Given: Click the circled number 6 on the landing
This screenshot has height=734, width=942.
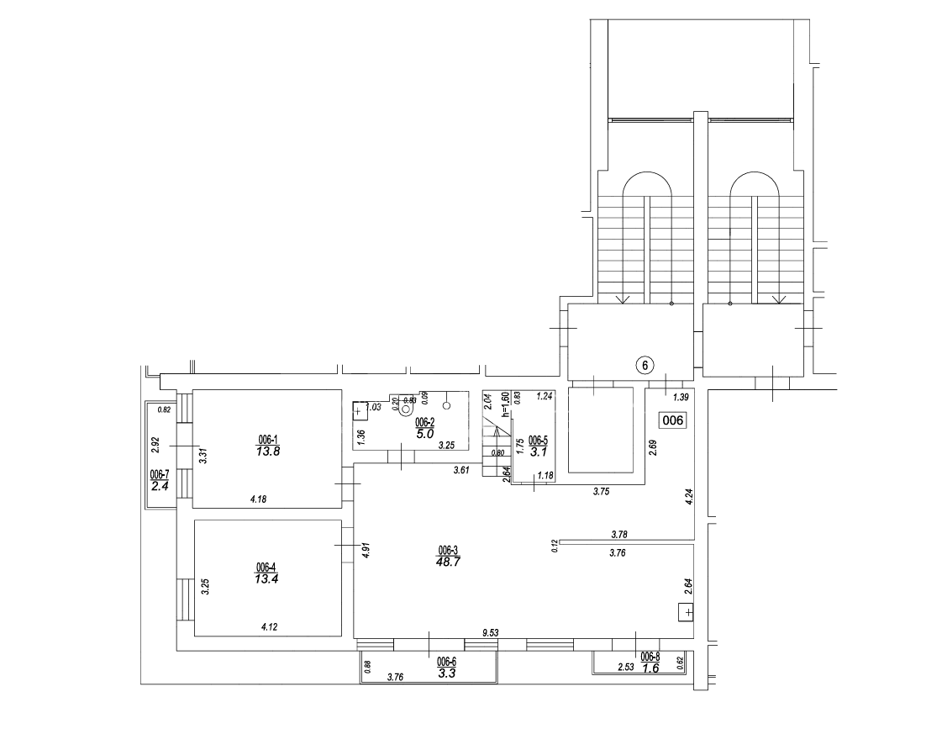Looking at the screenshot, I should click(644, 365).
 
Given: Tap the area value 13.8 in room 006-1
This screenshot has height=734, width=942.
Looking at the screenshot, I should click(268, 451).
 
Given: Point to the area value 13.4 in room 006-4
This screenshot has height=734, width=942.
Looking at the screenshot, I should click(266, 578).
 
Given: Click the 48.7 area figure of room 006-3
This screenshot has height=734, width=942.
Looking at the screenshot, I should click(448, 562).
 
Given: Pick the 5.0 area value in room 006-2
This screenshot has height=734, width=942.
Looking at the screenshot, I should click(424, 434).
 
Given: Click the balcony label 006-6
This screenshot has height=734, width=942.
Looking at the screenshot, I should click(447, 662).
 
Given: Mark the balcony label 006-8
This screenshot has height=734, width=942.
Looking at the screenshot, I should click(650, 657).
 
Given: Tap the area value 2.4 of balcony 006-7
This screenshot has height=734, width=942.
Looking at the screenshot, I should click(160, 484).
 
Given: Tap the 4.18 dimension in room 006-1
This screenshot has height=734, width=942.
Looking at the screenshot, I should click(259, 499).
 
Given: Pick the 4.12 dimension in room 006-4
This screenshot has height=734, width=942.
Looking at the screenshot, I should click(270, 626).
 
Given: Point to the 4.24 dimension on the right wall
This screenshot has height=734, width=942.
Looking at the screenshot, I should click(688, 496).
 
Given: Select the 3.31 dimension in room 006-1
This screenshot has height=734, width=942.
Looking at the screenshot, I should click(203, 457).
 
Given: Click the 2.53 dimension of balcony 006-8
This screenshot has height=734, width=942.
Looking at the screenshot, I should click(626, 668).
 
